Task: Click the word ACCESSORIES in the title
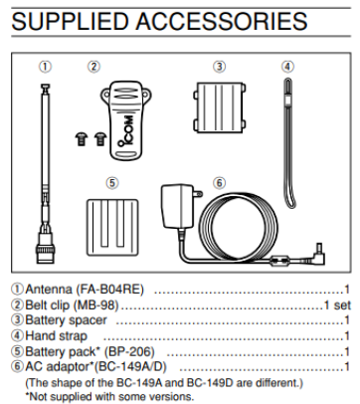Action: (x=222, y=22)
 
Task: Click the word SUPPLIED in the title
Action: (x=70, y=22)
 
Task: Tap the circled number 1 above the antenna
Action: (x=46, y=67)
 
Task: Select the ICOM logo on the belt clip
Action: (x=127, y=130)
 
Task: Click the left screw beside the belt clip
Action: (x=81, y=139)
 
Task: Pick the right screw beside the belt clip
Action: (x=99, y=139)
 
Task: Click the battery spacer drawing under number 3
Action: (x=220, y=107)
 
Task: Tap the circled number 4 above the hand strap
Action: (x=287, y=67)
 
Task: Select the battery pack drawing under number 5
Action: (x=112, y=227)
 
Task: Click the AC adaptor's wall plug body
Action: (x=177, y=206)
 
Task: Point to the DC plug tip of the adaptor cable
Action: (x=319, y=248)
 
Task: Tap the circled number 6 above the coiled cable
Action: (x=219, y=183)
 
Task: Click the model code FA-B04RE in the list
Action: (x=110, y=290)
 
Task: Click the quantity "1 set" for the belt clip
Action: (x=337, y=305)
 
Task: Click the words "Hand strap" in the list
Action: (x=56, y=336)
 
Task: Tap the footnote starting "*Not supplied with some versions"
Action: (x=109, y=396)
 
